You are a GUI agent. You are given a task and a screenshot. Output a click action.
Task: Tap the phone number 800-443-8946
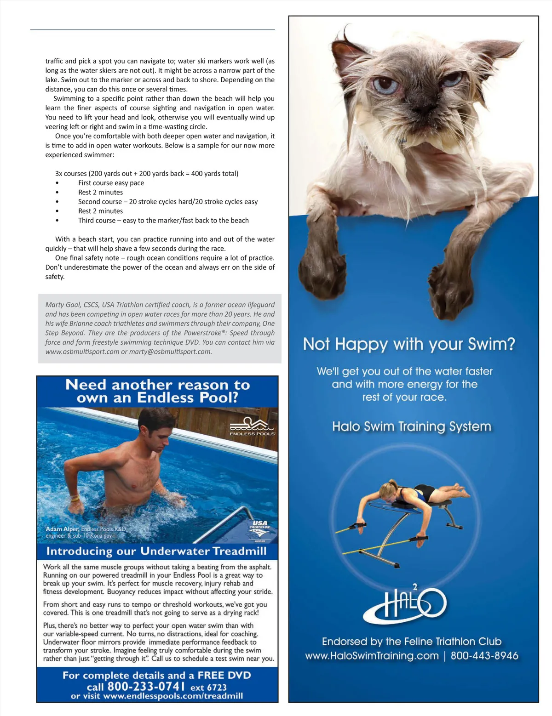pyautogui.click(x=484, y=655)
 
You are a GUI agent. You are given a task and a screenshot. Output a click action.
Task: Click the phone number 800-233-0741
pyautogui.click(x=146, y=687)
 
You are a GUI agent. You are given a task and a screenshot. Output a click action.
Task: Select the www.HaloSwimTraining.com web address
pyautogui.click(x=372, y=655)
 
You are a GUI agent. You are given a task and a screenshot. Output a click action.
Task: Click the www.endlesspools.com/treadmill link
pyautogui.click(x=173, y=696)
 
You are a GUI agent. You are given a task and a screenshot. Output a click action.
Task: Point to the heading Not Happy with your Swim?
pyautogui.click(x=409, y=344)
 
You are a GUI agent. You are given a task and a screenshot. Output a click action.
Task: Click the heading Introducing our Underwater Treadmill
pyautogui.click(x=157, y=551)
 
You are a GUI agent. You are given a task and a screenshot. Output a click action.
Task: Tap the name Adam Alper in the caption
pyautogui.click(x=62, y=529)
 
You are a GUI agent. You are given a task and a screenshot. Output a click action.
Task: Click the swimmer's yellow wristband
pyautogui.click(x=74, y=498)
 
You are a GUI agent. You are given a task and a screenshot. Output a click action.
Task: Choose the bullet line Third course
pyautogui.click(x=163, y=221)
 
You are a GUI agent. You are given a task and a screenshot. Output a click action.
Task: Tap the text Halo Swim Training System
pyautogui.click(x=411, y=426)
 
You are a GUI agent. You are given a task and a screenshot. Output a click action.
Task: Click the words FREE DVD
pyautogui.click(x=224, y=675)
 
